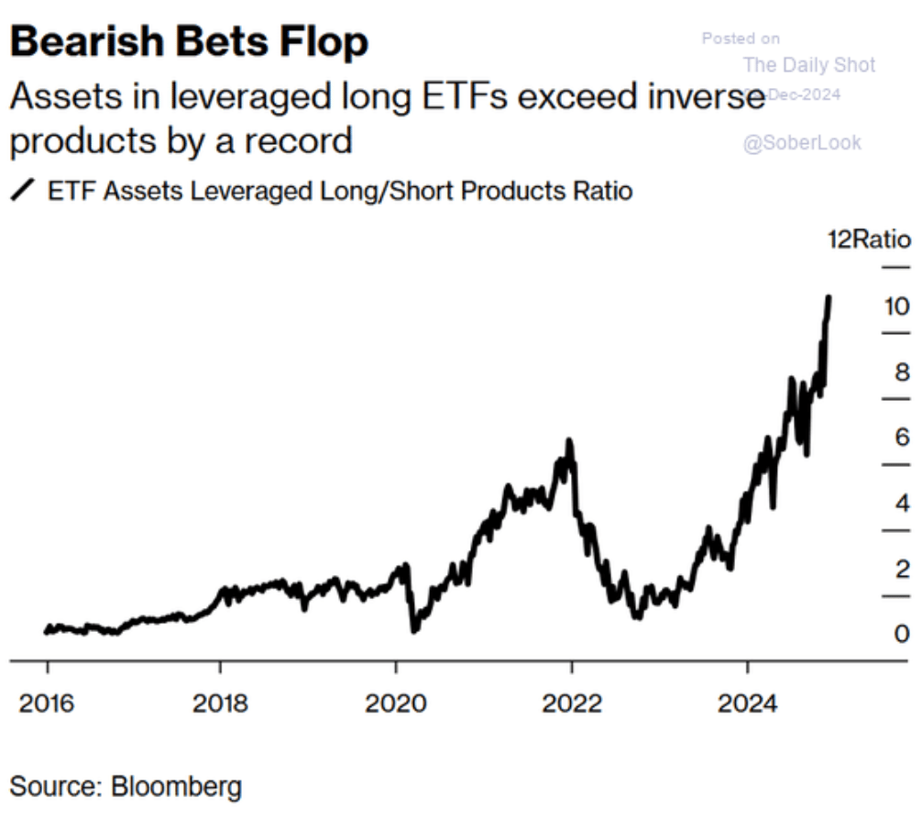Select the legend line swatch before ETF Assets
point(23,191)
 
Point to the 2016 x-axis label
point(47,704)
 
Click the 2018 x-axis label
point(221,704)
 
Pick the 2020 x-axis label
point(396,704)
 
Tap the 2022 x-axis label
point(572,704)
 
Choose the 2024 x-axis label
point(747,704)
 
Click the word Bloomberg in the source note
point(177,786)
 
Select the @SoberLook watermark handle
point(802,143)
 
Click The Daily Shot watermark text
point(809,64)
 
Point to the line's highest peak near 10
point(829,297)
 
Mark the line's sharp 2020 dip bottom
point(414,629)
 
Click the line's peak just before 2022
point(569,442)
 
